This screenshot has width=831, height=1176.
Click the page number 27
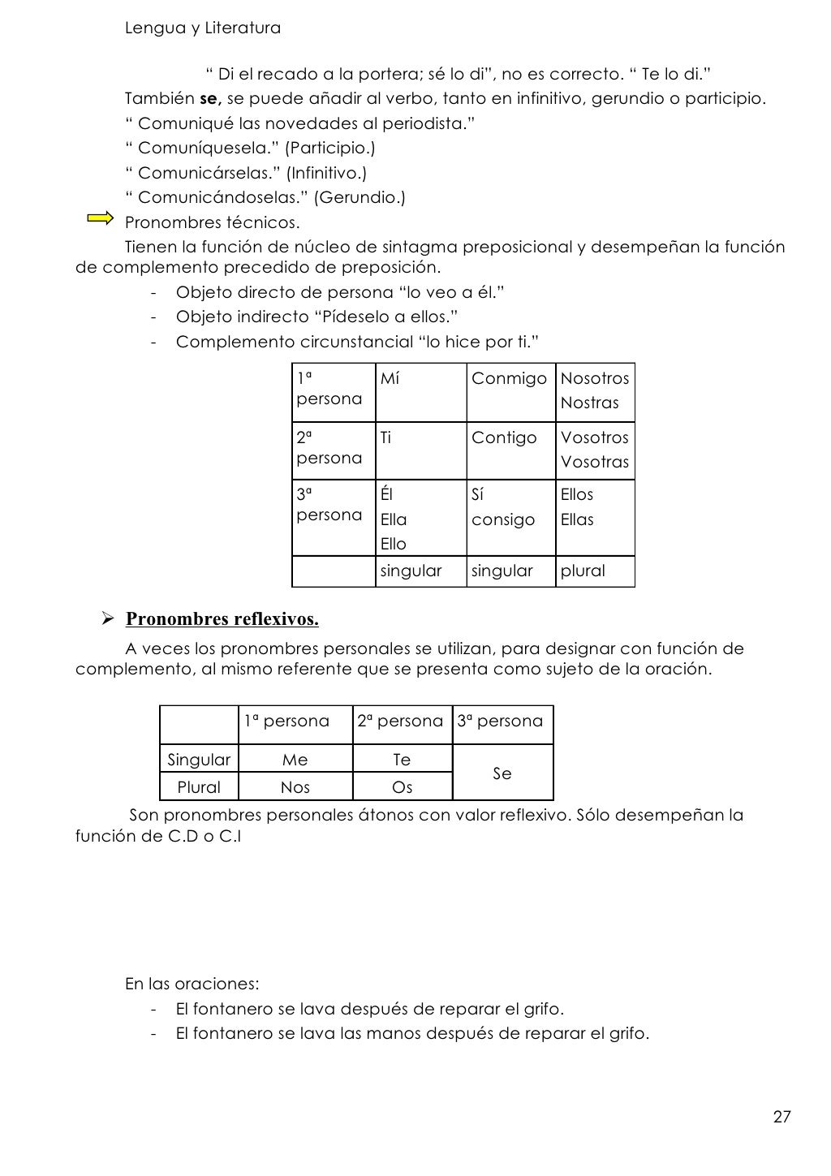[x=781, y=1117]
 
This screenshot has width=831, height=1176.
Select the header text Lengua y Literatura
[x=203, y=28]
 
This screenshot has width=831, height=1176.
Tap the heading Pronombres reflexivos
[x=222, y=619]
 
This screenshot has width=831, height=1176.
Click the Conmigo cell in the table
[x=509, y=379]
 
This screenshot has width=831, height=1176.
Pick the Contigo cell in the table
[x=504, y=438]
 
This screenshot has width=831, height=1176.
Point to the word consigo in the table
[x=502, y=519]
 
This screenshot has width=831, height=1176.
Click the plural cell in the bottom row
[x=583, y=571]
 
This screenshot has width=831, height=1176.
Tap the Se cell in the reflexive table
[x=502, y=773]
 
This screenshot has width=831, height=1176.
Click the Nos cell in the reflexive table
[x=295, y=787]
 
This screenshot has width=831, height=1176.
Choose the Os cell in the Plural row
[x=402, y=787]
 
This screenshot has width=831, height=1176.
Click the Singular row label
[x=199, y=760]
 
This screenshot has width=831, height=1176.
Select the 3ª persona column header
[x=500, y=722]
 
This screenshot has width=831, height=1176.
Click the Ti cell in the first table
[x=385, y=438]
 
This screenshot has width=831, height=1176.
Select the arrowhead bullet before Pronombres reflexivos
[x=105, y=619]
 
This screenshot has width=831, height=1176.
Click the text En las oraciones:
[x=192, y=984]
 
